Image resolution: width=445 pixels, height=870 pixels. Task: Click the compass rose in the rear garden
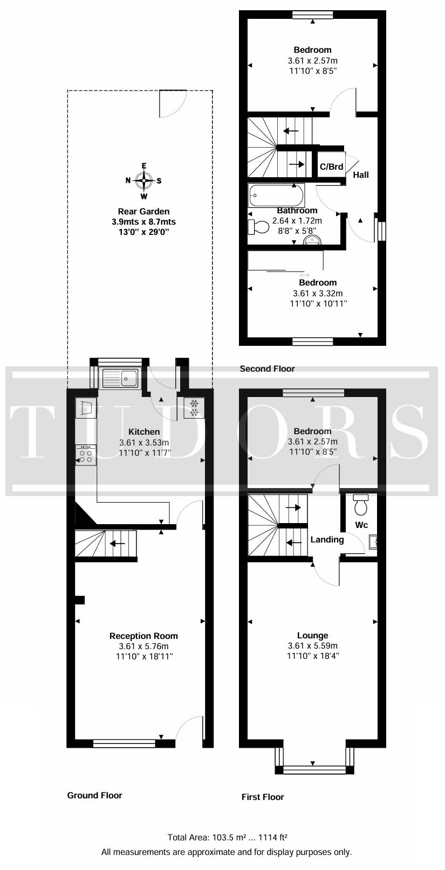[144, 180]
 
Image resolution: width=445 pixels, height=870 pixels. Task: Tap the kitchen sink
[120, 378]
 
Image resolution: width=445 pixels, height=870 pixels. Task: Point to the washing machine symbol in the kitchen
[86, 408]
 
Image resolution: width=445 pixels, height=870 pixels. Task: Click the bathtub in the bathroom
[276, 196]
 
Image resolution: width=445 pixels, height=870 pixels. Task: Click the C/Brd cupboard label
[331, 166]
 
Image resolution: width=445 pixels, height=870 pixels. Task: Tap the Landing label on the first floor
[327, 539]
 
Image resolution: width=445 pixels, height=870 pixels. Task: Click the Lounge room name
[313, 636]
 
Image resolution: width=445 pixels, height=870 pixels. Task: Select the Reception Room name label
[143, 636]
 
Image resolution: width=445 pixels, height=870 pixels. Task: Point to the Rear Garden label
[144, 211]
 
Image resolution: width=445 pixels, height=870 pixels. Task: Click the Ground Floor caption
[94, 795]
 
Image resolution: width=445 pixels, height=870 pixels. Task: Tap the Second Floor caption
[267, 368]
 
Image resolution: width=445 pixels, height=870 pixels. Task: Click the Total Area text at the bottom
[228, 837]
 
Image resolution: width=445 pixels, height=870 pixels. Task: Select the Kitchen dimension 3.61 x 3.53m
[144, 442]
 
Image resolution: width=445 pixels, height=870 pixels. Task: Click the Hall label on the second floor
[361, 175]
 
